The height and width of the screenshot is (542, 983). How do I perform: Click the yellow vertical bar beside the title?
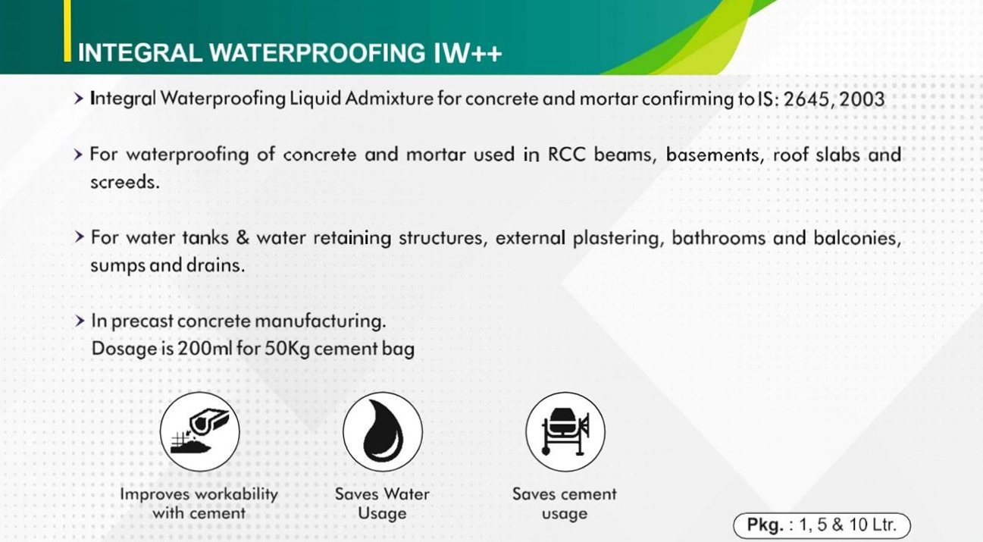click(x=67, y=31)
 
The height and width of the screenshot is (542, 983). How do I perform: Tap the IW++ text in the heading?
click(x=468, y=53)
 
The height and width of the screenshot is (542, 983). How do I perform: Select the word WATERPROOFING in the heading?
click(x=318, y=53)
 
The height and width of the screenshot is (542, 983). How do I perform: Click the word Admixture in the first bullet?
click(x=390, y=99)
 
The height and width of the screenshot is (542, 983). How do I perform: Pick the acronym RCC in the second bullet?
click(x=567, y=155)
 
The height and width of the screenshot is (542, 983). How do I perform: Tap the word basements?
click(x=715, y=155)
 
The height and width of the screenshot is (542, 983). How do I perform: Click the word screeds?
click(x=125, y=182)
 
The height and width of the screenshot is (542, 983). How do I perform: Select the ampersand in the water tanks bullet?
click(x=243, y=238)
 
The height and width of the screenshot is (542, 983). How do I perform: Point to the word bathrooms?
click(x=718, y=238)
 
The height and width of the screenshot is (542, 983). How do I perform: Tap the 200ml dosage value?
click(x=205, y=349)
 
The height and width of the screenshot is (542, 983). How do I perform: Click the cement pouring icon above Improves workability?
click(x=199, y=432)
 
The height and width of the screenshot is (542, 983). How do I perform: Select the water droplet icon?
click(x=383, y=432)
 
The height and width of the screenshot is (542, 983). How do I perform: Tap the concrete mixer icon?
click(x=565, y=432)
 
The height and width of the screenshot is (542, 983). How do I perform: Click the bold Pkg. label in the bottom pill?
click(x=765, y=525)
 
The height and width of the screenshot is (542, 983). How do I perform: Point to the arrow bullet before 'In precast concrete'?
click(x=79, y=321)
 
